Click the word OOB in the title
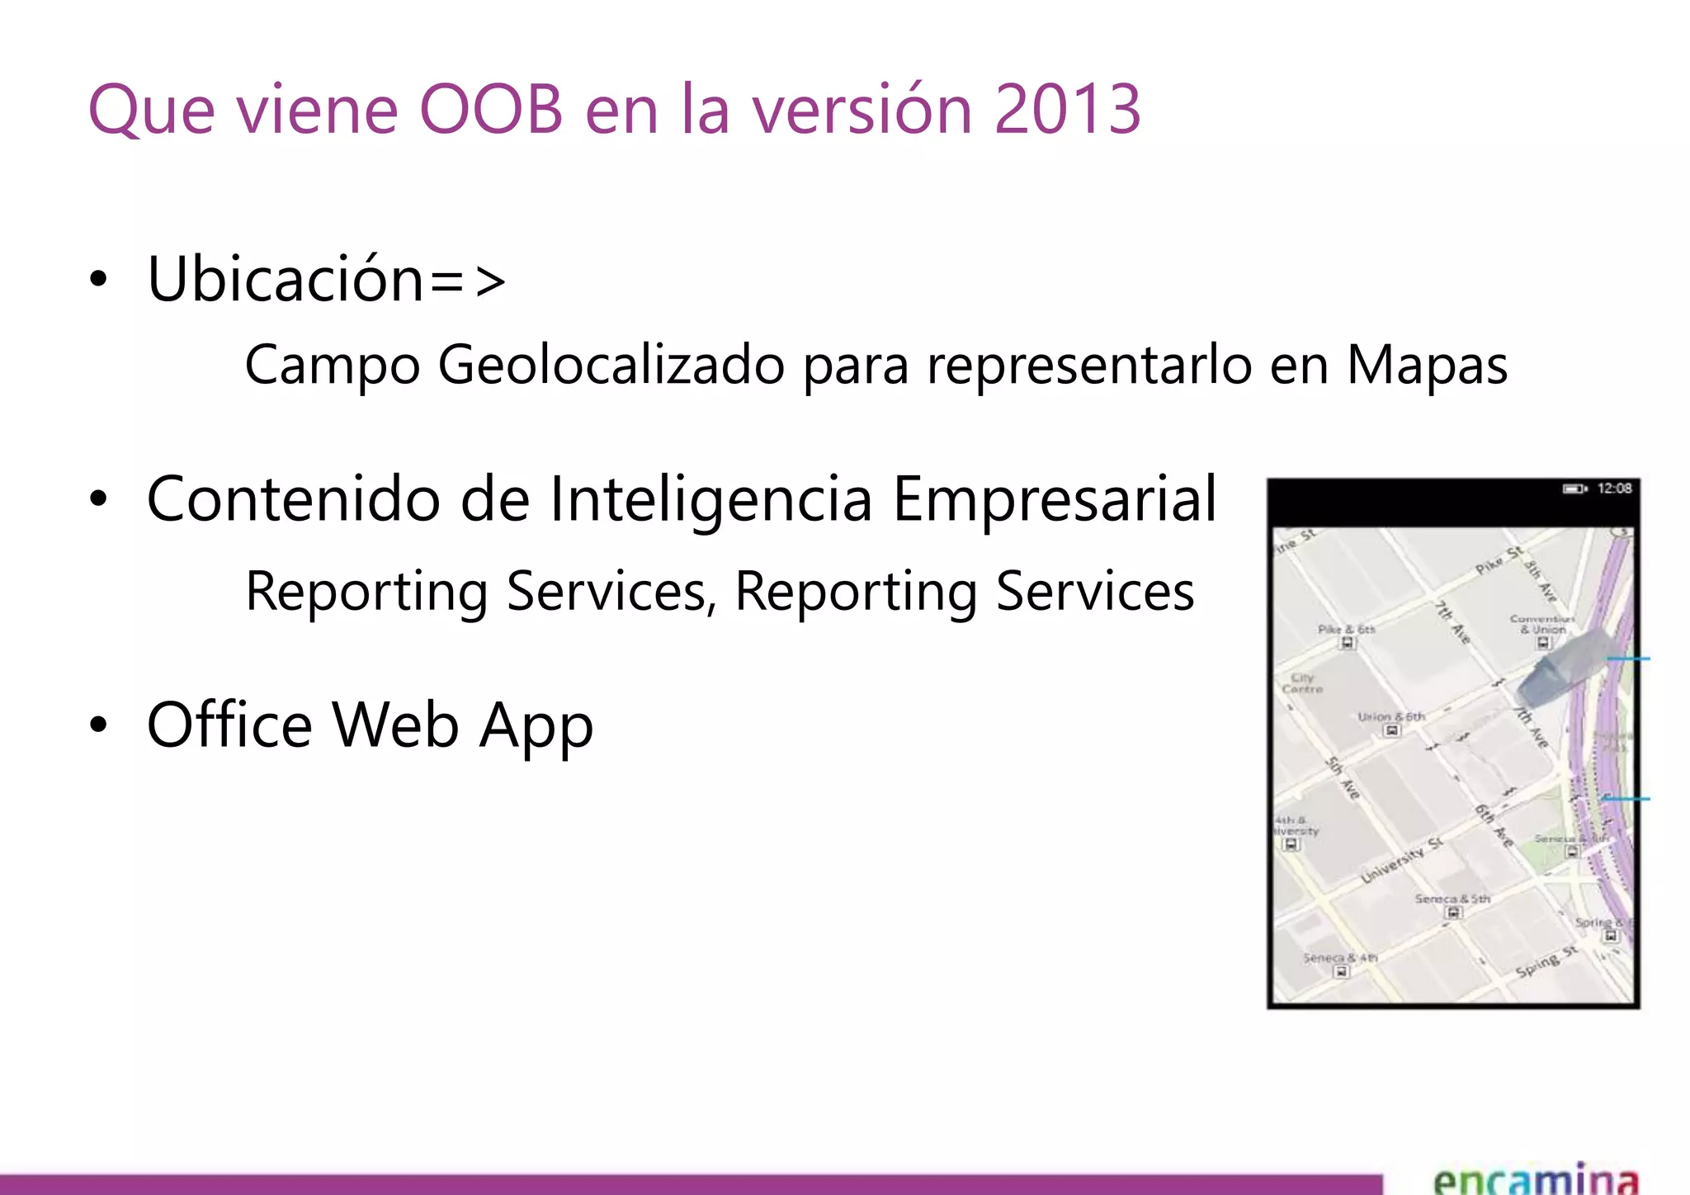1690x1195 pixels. point(491,109)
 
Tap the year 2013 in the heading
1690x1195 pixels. point(1067,109)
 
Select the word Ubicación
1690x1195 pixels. point(286,279)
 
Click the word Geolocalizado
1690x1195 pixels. point(611,365)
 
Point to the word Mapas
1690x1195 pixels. point(1427,365)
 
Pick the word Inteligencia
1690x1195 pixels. point(710,499)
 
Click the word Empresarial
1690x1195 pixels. point(1054,499)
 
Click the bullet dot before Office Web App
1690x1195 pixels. point(99,725)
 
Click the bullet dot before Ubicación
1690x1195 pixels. point(99,279)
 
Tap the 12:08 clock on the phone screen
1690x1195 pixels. point(1614,489)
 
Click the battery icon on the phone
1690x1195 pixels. point(1574,489)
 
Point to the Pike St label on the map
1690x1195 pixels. point(1498,560)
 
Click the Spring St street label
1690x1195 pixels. point(1546,962)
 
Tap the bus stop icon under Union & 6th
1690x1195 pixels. point(1391,730)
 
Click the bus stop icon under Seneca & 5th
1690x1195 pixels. point(1454,912)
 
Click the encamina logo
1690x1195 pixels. point(1536,1178)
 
